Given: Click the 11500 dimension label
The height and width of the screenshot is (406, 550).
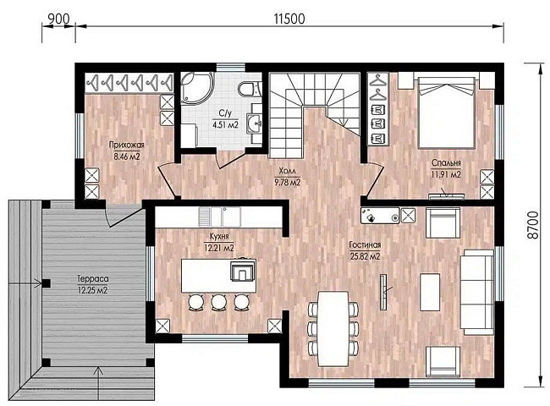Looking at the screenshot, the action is point(289,19).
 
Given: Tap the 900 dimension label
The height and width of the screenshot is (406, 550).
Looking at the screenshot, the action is point(58,19).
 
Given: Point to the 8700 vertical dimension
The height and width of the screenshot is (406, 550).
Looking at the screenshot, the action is point(532,225).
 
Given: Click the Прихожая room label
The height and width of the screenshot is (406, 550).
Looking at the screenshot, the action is point(126,145).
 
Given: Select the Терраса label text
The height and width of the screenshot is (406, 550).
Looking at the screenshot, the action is point(92,279).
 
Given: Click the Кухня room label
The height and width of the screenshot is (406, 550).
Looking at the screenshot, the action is point(219,236).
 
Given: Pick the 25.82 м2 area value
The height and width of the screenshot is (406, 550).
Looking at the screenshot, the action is point(365,256).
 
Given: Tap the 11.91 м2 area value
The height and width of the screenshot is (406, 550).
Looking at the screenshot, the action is point(446,174).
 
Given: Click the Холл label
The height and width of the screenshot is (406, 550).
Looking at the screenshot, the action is point(288,171).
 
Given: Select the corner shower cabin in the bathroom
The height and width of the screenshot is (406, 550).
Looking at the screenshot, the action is point(195,88).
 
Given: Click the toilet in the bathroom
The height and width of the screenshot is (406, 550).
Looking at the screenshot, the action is point(250,88).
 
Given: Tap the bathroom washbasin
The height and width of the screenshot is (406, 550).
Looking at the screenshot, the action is point(255,123).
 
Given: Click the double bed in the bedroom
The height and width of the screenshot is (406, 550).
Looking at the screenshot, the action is point(445,112).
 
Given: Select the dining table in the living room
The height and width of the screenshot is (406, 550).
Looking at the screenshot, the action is point(333,328).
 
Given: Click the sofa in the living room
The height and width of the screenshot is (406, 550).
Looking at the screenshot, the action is point(478,292).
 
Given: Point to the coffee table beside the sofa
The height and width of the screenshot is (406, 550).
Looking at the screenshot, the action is point(430,292).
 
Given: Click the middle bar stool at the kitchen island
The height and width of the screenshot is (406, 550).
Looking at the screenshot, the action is point(218,302).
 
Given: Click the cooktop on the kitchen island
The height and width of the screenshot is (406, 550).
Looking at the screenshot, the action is point(242,270).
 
